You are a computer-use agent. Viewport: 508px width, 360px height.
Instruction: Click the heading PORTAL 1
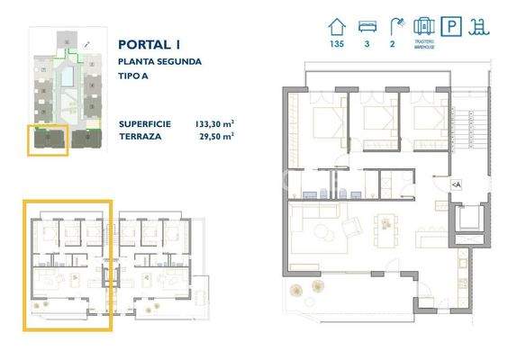149,43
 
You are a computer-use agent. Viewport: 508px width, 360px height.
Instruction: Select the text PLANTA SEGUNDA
159,62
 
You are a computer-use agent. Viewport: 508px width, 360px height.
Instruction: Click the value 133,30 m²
214,124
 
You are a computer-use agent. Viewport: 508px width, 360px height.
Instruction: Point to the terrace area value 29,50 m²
217,137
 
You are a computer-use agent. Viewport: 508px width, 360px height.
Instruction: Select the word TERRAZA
141,137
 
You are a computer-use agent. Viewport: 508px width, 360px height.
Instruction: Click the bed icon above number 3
367,26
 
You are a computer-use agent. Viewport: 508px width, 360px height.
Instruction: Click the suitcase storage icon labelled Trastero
423,26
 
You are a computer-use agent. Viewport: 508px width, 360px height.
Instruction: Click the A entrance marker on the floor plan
456,184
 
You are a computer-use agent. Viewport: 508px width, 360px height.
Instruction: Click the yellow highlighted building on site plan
49,139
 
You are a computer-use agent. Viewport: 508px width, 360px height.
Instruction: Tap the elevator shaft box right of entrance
467,220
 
